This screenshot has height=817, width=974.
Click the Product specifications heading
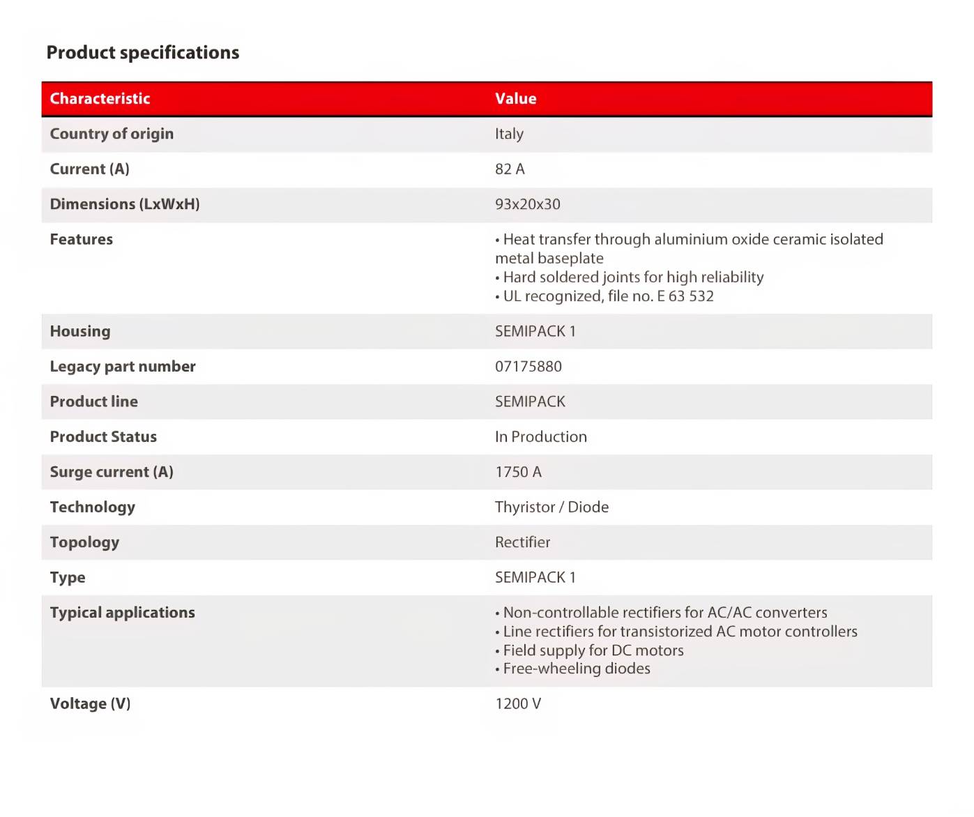pos(142,53)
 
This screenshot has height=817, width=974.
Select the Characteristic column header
pos(100,99)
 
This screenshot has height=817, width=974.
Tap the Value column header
pos(515,99)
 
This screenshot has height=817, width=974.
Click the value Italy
pos(509,134)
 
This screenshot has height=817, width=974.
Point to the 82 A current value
pos(510,169)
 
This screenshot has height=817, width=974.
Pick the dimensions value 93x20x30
pos(527,204)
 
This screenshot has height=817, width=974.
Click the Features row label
pos(81,240)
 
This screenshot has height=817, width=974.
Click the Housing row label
pos(79,332)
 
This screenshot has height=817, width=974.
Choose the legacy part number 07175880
pos(528,367)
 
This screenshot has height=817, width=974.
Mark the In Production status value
pos(540,437)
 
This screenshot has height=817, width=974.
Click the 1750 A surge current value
pos(518,472)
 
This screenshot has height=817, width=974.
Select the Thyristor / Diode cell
pos(551,507)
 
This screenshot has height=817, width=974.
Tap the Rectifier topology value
pos(522,542)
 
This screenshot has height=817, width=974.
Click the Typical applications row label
pos(122,613)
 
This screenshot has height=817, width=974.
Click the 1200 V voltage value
pos(518,704)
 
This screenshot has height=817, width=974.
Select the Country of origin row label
pos(112,134)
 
